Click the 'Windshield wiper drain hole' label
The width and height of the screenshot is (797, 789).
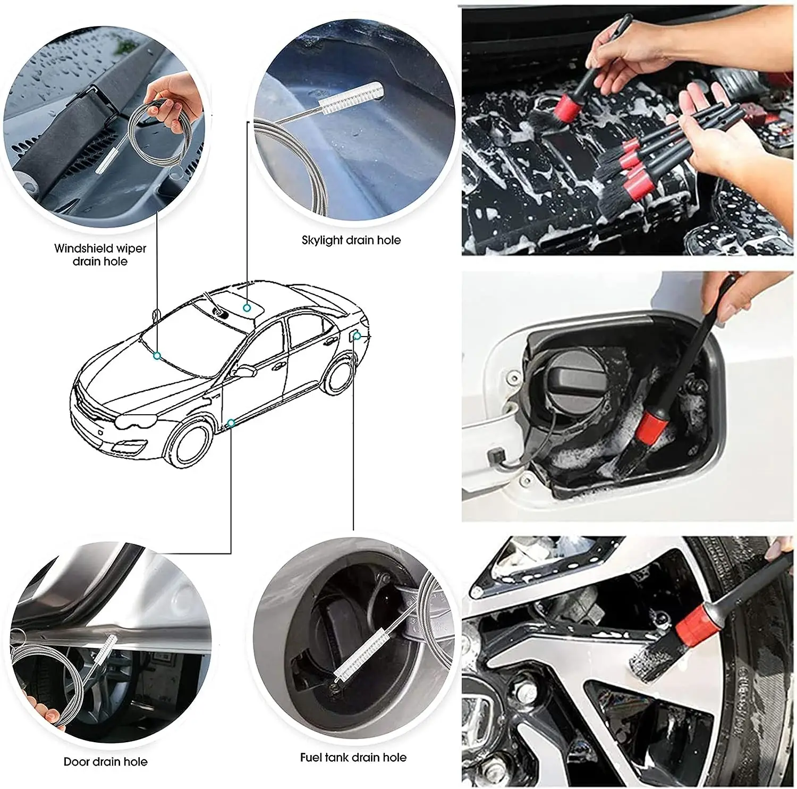[x=100, y=255]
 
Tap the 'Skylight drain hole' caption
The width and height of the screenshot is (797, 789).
[x=351, y=240]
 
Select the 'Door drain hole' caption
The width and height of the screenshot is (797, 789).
[x=105, y=762]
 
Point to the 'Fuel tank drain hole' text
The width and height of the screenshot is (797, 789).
[x=353, y=757]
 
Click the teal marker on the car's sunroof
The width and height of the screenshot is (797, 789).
[x=247, y=308]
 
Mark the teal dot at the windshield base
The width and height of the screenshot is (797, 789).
[x=157, y=355]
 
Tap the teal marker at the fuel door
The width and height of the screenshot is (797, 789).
[x=358, y=336]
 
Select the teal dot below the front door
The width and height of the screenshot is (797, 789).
[x=231, y=423]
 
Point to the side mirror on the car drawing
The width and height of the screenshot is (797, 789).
[x=244, y=371]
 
